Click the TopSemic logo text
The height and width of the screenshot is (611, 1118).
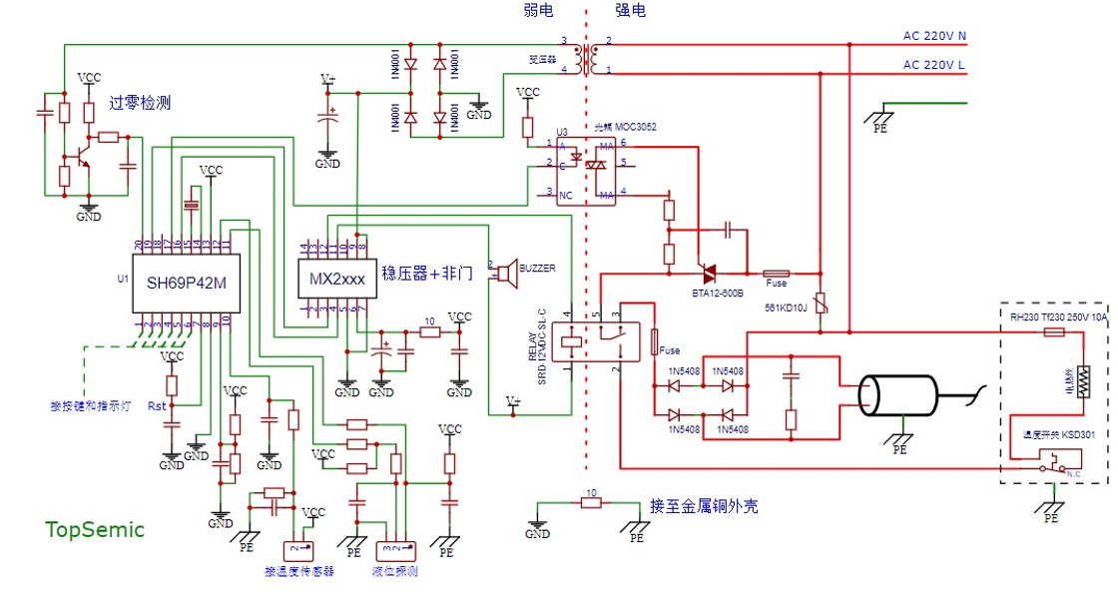point(95,530)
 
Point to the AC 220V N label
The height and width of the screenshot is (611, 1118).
point(934,37)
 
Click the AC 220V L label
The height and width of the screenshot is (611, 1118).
point(934,65)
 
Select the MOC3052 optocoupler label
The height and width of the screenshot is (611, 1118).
point(626,128)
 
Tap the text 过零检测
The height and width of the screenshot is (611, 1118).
point(140,103)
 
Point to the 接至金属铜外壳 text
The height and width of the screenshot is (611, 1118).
point(704,506)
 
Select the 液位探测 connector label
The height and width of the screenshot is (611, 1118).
point(394,572)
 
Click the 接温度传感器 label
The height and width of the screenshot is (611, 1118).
point(299,572)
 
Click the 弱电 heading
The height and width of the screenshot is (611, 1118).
point(539,11)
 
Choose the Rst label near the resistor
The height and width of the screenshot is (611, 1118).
point(157,406)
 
